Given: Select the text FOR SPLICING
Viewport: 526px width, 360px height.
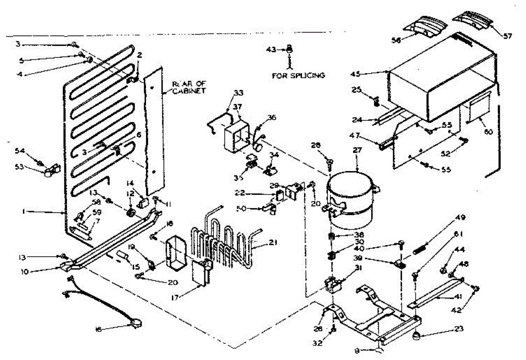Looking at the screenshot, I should tap(299, 75).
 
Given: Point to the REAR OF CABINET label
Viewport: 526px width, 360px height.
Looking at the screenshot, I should tap(189, 87).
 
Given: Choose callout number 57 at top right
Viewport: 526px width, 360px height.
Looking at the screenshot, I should tap(507, 36).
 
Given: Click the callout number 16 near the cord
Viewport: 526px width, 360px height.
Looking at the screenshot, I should tap(99, 329).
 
